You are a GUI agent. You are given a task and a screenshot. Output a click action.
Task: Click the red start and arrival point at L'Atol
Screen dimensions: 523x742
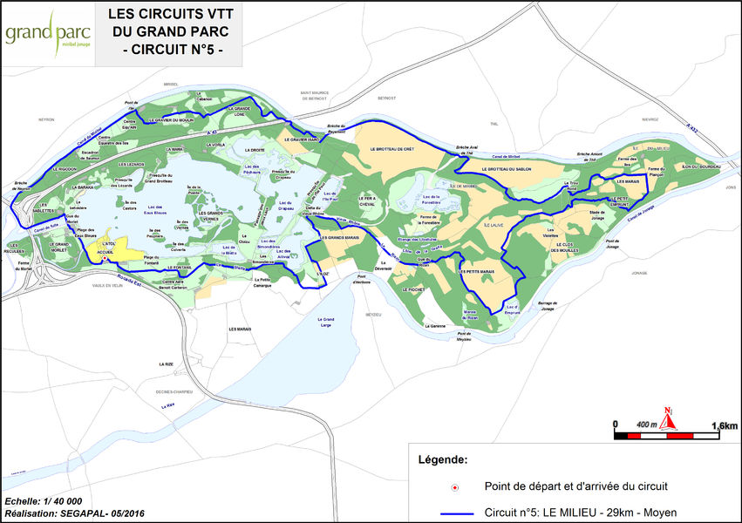point(104,259)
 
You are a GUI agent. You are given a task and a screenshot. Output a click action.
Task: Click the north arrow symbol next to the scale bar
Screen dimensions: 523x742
point(668,419)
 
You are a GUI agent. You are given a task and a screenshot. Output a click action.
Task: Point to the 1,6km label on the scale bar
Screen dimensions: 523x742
point(725,425)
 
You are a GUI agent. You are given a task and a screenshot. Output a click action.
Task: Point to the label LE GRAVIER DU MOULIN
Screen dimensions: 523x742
point(171,119)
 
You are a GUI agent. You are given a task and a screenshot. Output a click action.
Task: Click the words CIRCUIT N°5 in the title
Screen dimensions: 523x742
point(171,51)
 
